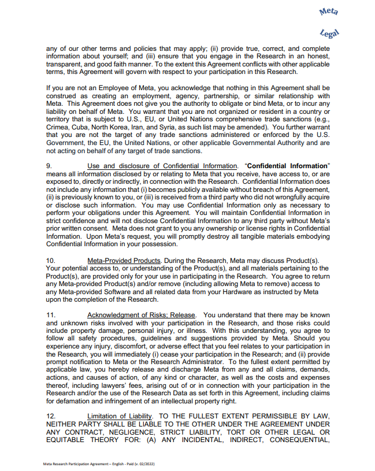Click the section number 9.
point(49,166)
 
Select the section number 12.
point(51,416)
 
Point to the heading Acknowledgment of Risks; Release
point(141,314)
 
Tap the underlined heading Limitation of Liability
point(120,416)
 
